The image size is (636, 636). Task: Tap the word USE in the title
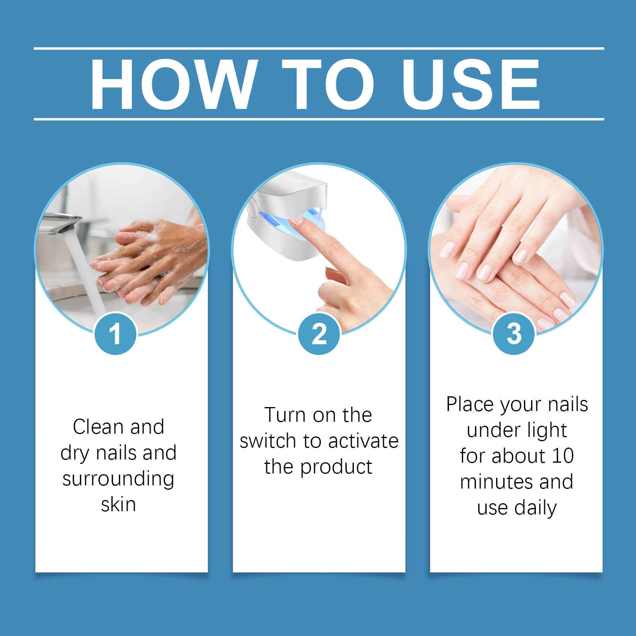pyautogui.click(x=471, y=84)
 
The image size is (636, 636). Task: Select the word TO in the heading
pyautogui.click(x=328, y=84)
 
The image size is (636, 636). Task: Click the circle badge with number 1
pyautogui.click(x=115, y=334)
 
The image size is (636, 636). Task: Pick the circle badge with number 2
pyautogui.click(x=319, y=334)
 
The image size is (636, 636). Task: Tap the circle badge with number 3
pyautogui.click(x=514, y=334)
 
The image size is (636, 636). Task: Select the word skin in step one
pyautogui.click(x=118, y=505)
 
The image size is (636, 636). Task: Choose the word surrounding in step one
pyautogui.click(x=118, y=479)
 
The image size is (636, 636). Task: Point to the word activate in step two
pyautogui.click(x=363, y=441)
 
